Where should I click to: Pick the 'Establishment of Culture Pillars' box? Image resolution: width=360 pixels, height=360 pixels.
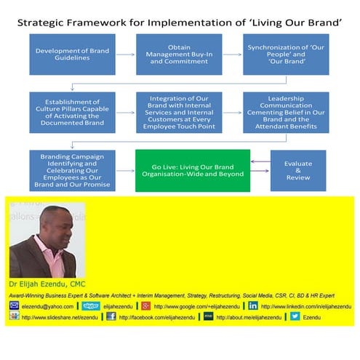pos(63,111)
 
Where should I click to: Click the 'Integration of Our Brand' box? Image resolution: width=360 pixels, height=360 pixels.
pos(169,111)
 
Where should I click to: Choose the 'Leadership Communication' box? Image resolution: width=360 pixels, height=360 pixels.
pos(276,111)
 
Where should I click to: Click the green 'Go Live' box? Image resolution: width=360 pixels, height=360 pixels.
pos(193,170)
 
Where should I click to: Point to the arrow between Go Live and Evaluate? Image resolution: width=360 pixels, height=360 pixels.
pos(260,170)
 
